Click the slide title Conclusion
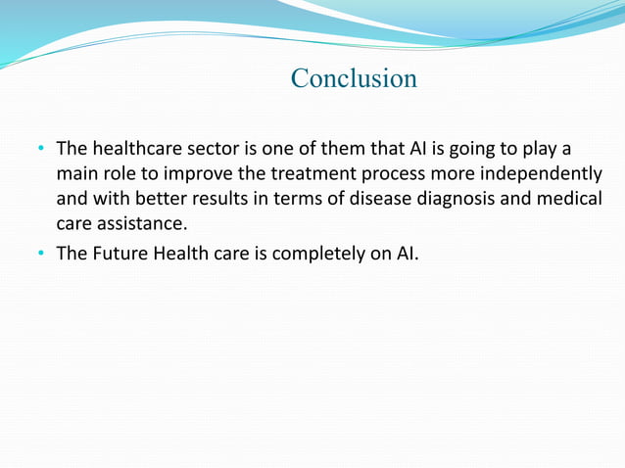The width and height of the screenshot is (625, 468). (354, 78)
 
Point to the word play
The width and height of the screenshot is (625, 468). (546, 150)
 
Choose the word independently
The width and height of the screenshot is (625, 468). (545, 174)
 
